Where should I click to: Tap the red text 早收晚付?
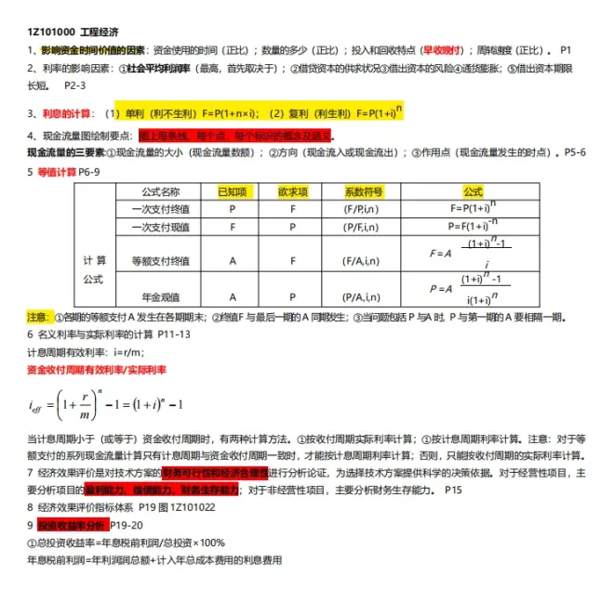pyautogui.click(x=443, y=49)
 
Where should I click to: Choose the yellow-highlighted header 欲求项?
pyautogui.click(x=293, y=190)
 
